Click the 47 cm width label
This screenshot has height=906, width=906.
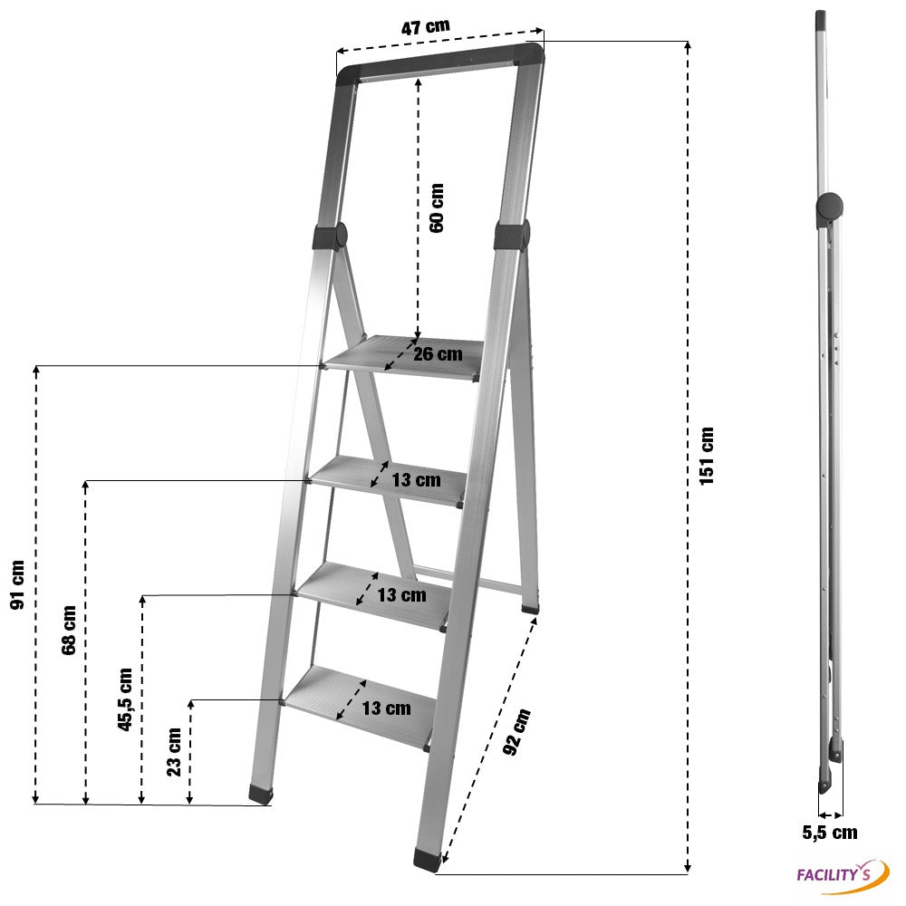click(425, 26)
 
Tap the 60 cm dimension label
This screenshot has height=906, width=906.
click(437, 208)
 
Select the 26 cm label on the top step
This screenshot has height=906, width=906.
click(438, 353)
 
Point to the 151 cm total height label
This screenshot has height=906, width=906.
click(707, 456)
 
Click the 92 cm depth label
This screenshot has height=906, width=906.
click(516, 731)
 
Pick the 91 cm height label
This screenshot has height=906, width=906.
click(18, 584)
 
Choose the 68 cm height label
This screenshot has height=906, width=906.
click(68, 630)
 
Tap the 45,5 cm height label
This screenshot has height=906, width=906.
click(125, 699)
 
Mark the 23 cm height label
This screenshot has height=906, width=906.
click(173, 751)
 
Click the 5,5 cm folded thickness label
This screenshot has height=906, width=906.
click(830, 833)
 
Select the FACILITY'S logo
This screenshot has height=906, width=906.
click(843, 875)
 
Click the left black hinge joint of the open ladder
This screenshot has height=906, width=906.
click(330, 236)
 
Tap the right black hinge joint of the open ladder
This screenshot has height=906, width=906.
click(512, 236)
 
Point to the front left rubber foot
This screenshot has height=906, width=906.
click(261, 795)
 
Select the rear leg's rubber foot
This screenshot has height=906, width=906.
click(530, 609)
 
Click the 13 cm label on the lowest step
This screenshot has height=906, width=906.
click(387, 708)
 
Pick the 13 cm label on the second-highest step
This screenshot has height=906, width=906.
click(416, 479)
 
